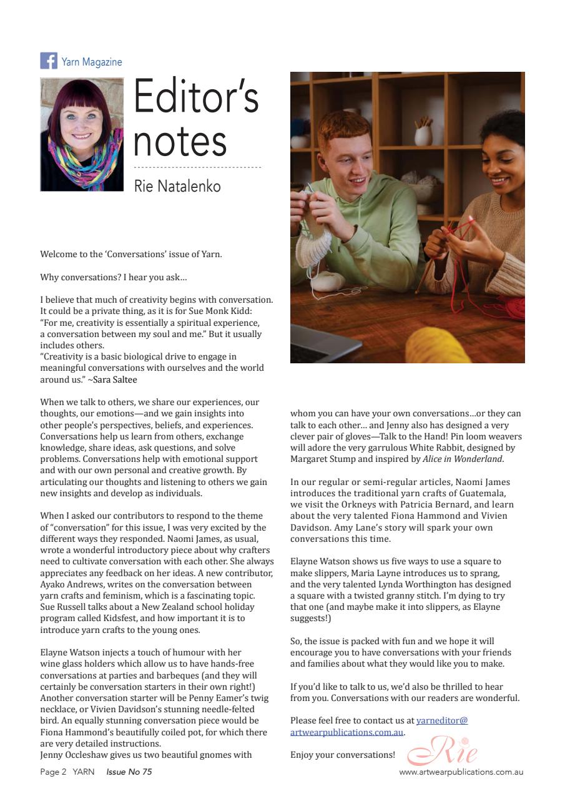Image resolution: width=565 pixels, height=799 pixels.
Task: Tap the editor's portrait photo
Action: (x=82, y=134)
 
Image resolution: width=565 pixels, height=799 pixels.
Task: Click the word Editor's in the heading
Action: (x=196, y=97)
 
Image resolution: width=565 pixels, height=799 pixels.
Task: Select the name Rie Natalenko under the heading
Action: (x=177, y=186)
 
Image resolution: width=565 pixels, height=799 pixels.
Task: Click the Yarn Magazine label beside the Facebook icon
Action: (x=92, y=62)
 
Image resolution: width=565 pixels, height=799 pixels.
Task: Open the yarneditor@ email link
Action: (x=442, y=720)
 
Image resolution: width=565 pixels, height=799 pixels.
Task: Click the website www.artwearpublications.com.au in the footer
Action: (x=461, y=772)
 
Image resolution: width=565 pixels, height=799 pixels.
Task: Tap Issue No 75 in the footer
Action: (x=129, y=772)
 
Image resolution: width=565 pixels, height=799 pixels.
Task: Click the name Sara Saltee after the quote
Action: (x=115, y=380)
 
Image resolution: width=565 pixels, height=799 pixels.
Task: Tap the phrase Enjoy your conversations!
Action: (x=343, y=755)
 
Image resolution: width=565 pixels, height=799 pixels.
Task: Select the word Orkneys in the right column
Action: (x=357, y=504)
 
